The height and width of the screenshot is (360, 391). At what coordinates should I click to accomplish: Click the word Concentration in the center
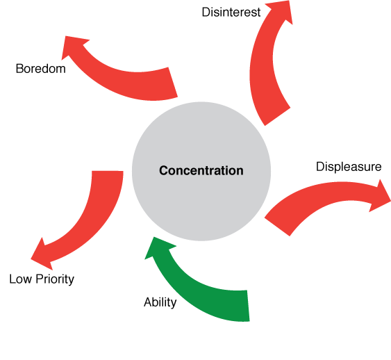201,171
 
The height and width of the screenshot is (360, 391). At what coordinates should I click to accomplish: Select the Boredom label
41,69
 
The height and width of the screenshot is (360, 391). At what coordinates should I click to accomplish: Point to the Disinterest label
231,13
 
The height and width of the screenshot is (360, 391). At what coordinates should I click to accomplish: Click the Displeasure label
349,167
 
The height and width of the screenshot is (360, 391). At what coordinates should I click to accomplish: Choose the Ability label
160,302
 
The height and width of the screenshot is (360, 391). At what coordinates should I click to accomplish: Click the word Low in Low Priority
20,279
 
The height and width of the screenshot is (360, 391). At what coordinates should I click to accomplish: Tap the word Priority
55,279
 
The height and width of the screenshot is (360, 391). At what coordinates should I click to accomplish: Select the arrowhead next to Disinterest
282,11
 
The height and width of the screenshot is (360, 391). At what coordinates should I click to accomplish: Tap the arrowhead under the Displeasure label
379,197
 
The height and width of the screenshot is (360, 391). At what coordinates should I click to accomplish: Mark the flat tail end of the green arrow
248,306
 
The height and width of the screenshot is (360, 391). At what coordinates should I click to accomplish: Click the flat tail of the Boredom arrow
173,82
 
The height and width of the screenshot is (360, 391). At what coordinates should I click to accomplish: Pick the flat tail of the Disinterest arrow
277,117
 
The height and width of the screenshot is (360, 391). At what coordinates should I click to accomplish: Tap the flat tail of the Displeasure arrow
277,227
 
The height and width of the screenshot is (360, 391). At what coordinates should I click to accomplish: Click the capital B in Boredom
19,69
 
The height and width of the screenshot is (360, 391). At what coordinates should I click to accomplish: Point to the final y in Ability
174,304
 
